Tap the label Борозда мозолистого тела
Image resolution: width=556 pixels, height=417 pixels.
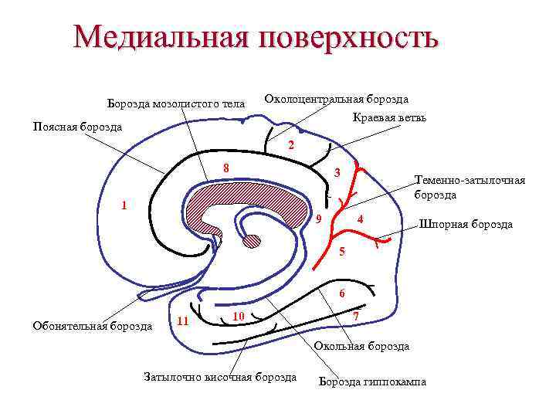tap(175, 103)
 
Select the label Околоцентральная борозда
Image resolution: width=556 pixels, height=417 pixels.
tap(336, 99)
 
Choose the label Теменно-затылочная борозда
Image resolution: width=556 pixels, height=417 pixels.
tap(469, 188)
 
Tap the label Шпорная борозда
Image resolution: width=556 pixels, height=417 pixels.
tap(465, 225)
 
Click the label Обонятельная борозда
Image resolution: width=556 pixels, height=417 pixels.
tap(92, 326)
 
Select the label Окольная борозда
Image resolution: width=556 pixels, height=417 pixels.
tap(361, 347)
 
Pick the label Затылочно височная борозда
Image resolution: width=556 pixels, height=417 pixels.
tap(220, 377)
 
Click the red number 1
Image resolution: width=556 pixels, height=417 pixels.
tap(123, 205)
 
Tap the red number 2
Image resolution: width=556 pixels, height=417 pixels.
tap(290, 146)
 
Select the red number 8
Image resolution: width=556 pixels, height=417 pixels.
tap(225, 169)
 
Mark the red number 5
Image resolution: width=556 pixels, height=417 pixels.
tap(343, 253)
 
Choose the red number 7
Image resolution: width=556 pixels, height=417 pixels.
tap(354, 317)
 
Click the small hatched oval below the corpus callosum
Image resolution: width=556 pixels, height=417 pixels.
tap(252, 241)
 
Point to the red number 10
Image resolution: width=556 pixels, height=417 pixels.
tap(239, 317)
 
